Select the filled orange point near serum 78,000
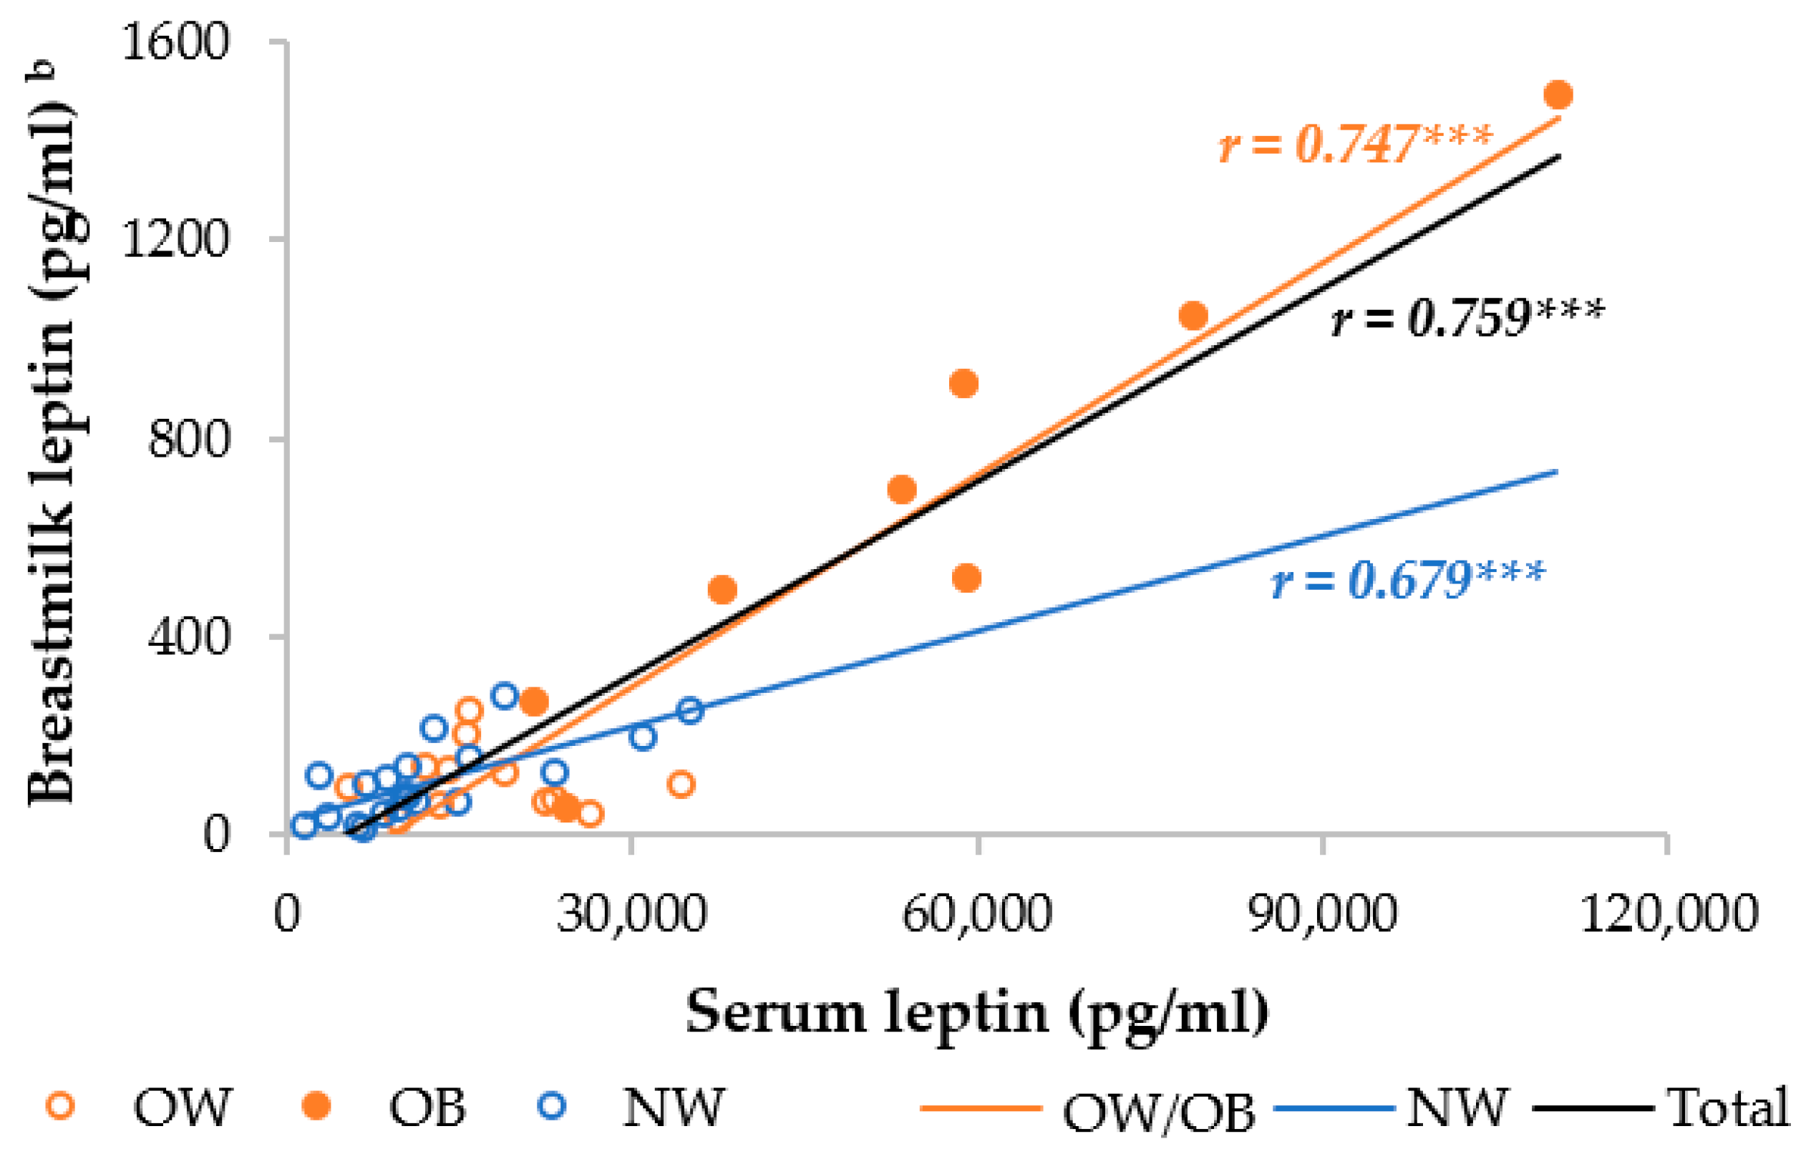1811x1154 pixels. coord(1193,316)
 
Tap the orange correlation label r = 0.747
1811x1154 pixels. coord(1354,143)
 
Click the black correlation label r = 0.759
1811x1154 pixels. coord(1467,317)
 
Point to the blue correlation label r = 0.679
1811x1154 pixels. coord(1407,579)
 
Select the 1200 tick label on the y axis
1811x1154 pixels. coord(174,240)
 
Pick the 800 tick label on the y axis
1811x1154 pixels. coord(188,439)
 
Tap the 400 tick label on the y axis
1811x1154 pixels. coord(188,637)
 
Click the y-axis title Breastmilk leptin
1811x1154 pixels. coord(53,452)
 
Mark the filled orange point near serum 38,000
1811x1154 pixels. coord(722,590)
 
